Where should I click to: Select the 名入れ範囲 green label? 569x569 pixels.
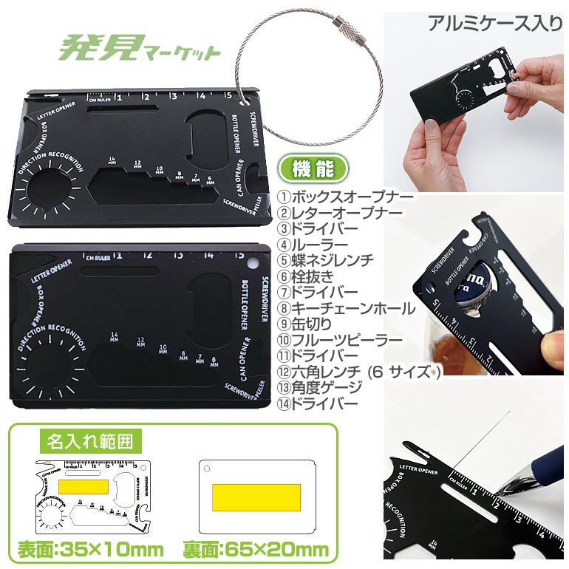(x=91, y=442)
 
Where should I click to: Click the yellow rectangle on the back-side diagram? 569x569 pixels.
(x=256, y=497)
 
